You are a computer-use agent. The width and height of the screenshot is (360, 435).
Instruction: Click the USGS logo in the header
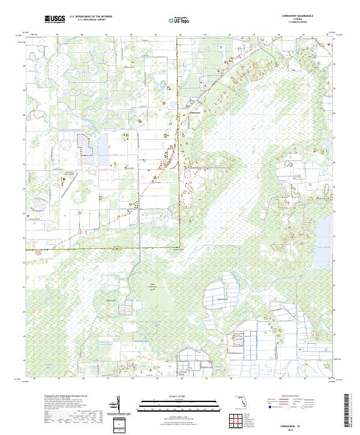[x=55, y=19]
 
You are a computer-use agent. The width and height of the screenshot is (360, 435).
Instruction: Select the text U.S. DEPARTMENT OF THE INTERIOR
[x=91, y=17]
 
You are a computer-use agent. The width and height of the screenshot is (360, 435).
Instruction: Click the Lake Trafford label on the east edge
[x=324, y=238]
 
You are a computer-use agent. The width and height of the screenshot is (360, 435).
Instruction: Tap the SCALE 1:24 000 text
[x=179, y=397]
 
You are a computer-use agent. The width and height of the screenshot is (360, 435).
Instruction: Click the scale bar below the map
[x=179, y=405]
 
